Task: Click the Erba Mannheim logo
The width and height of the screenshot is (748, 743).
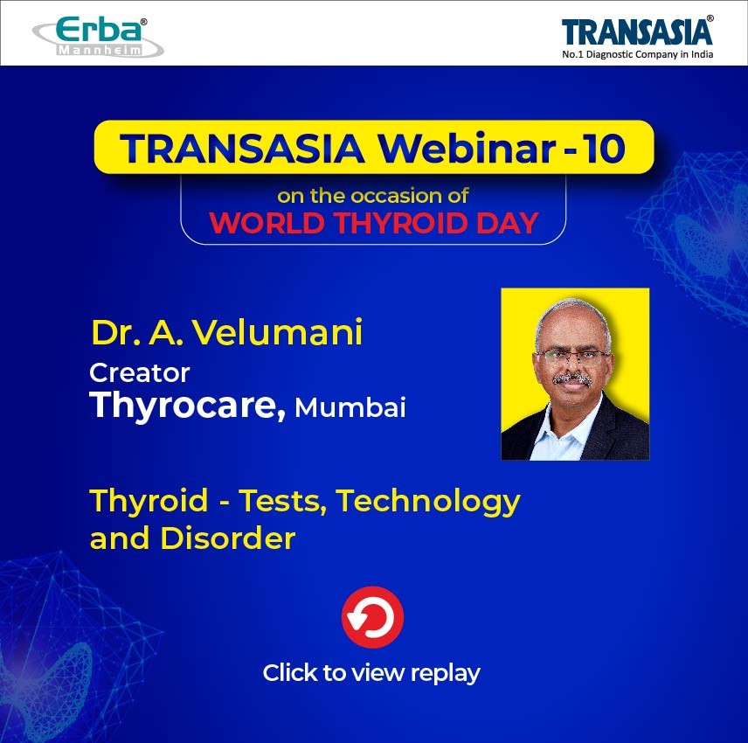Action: coord(98,38)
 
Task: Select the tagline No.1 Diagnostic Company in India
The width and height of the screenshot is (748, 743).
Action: coord(637,54)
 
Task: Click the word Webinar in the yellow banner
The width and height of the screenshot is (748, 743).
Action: coord(467,149)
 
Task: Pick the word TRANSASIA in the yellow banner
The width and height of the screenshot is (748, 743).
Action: coord(242,149)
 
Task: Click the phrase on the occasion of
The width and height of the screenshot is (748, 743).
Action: coord(372,196)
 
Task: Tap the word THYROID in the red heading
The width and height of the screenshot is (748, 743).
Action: coord(400,223)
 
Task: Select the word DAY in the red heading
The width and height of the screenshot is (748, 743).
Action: coord(507,223)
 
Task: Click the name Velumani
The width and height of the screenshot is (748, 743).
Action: coord(278,332)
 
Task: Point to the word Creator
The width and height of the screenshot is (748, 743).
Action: coord(140,372)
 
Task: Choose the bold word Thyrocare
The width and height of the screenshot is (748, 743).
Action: coord(188,406)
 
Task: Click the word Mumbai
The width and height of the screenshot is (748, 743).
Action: coord(350,407)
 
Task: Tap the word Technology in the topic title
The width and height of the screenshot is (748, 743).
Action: coord(428,502)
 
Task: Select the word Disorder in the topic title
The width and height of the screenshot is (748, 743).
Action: coord(227,538)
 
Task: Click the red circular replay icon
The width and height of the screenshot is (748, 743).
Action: coord(372,617)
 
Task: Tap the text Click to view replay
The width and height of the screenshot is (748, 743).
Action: coord(371,674)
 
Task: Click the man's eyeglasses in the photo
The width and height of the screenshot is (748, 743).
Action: coord(573,356)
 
